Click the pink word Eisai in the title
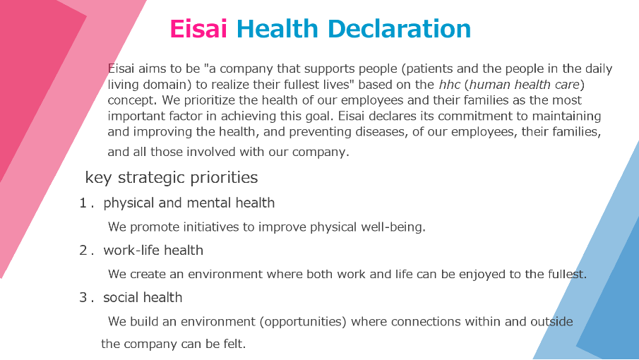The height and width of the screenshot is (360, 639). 198,29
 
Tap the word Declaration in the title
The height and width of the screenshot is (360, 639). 399,29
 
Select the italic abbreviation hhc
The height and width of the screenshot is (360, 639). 450,84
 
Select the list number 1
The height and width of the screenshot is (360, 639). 83,203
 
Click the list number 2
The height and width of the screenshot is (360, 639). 83,250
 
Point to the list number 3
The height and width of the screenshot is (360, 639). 83,297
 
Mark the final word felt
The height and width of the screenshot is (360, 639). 234,344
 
